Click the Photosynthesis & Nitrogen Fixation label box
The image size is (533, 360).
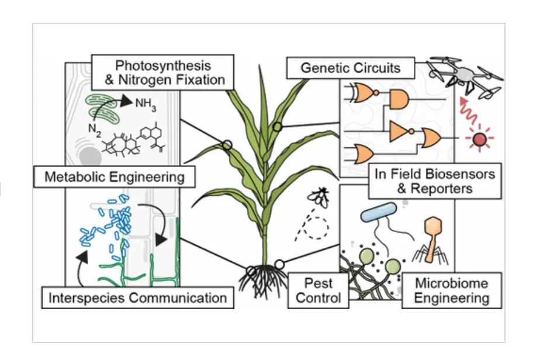pos(162,71)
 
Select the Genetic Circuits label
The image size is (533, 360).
pos(350,67)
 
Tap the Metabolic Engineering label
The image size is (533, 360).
pos(113,176)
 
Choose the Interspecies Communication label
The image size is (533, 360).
pos(138,297)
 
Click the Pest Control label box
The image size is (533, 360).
pos(318,290)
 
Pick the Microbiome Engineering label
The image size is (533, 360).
pos(451,290)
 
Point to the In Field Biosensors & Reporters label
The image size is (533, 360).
pos(435,181)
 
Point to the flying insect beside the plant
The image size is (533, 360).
pos(320,199)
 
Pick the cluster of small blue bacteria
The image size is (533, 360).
pos(111,225)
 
